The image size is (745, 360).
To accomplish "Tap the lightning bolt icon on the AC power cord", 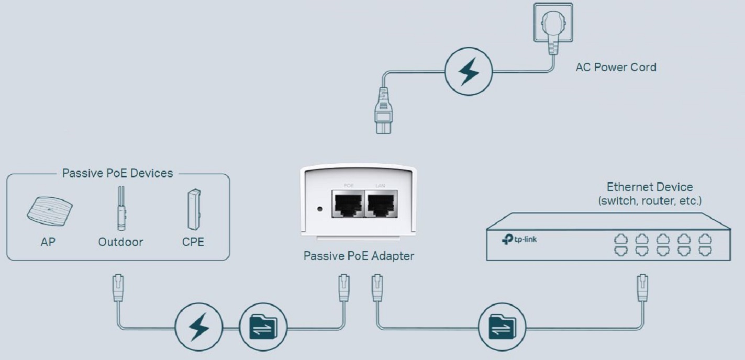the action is click(469, 72).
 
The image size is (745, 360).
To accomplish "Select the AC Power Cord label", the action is click(616, 67).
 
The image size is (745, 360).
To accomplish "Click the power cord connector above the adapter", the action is click(383, 111).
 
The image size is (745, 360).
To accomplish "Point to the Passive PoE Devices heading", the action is click(117, 173).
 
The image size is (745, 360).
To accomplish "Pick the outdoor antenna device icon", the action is click(121, 208).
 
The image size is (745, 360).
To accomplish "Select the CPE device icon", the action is click(194, 209).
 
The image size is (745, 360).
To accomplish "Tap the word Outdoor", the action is click(120, 242).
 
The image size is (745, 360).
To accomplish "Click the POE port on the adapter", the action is click(348, 204).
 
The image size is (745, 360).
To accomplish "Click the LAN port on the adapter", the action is click(381, 204).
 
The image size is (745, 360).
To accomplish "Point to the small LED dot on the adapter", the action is click(320, 209).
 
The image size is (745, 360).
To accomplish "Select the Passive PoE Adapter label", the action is click(359, 256).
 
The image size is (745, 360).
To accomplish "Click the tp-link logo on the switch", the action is click(519, 239).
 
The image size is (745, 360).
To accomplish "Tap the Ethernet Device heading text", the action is click(650, 187).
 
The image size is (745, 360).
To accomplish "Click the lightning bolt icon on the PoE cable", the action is click(199, 327).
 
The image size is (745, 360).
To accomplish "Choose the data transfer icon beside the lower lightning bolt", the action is click(263, 327).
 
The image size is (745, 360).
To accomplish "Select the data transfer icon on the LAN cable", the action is click(502, 327).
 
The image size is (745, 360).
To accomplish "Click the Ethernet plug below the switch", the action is click(642, 288).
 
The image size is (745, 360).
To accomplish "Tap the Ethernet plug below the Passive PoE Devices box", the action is click(118, 288).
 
